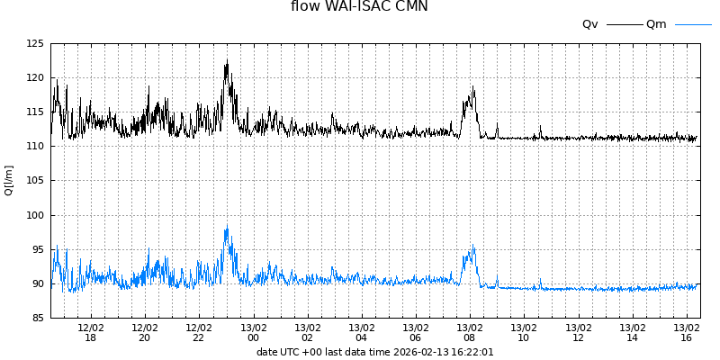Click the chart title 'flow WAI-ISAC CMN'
pyautogui.click(x=359, y=7)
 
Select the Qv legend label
pyautogui.click(x=590, y=24)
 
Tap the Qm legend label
pyautogui.click(x=656, y=24)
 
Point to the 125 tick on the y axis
pyautogui.click(x=35, y=43)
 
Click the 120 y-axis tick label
pyautogui.click(x=35, y=77)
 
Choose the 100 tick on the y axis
pyautogui.click(x=35, y=215)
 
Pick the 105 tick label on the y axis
pyautogui.click(x=35, y=181)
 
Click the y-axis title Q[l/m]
pyautogui.click(x=9, y=180)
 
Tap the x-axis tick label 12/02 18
pyautogui.click(x=91, y=332)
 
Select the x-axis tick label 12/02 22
pyautogui.click(x=199, y=332)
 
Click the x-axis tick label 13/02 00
pyautogui.click(x=254, y=332)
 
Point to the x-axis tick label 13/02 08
pyautogui.click(x=470, y=332)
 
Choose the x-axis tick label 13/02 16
pyautogui.click(x=687, y=332)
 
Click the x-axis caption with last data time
pyautogui.click(x=374, y=352)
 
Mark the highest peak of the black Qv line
pyautogui.click(x=227, y=60)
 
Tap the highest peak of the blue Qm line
pyautogui.click(x=227, y=225)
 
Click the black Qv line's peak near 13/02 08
pyautogui.click(x=472, y=87)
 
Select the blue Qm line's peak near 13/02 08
pyautogui.click(x=472, y=246)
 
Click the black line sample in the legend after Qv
pyautogui.click(x=625, y=24)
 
